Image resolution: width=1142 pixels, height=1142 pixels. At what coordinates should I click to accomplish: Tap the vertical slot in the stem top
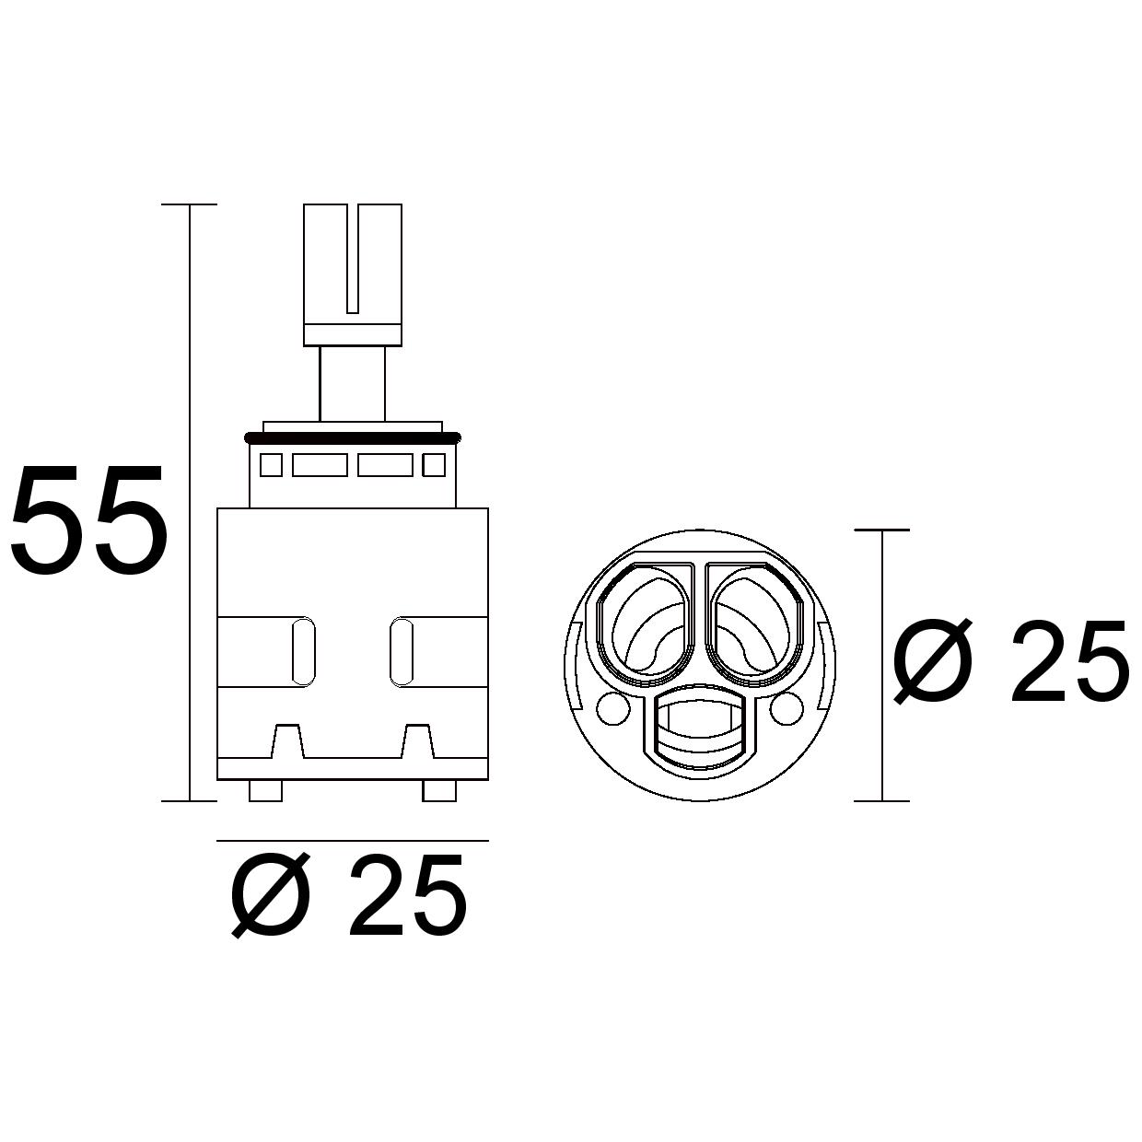(353, 259)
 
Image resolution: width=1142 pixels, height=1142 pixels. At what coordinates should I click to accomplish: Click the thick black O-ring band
(353, 438)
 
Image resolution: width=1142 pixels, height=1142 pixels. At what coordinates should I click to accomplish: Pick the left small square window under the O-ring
(272, 464)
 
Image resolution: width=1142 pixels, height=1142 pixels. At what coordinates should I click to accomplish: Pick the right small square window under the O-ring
(434, 464)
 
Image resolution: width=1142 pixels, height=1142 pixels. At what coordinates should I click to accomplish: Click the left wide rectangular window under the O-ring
(320, 464)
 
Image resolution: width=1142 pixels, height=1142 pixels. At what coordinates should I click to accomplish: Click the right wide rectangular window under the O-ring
(385, 464)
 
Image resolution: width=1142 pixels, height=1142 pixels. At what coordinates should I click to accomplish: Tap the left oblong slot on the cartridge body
(304, 652)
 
